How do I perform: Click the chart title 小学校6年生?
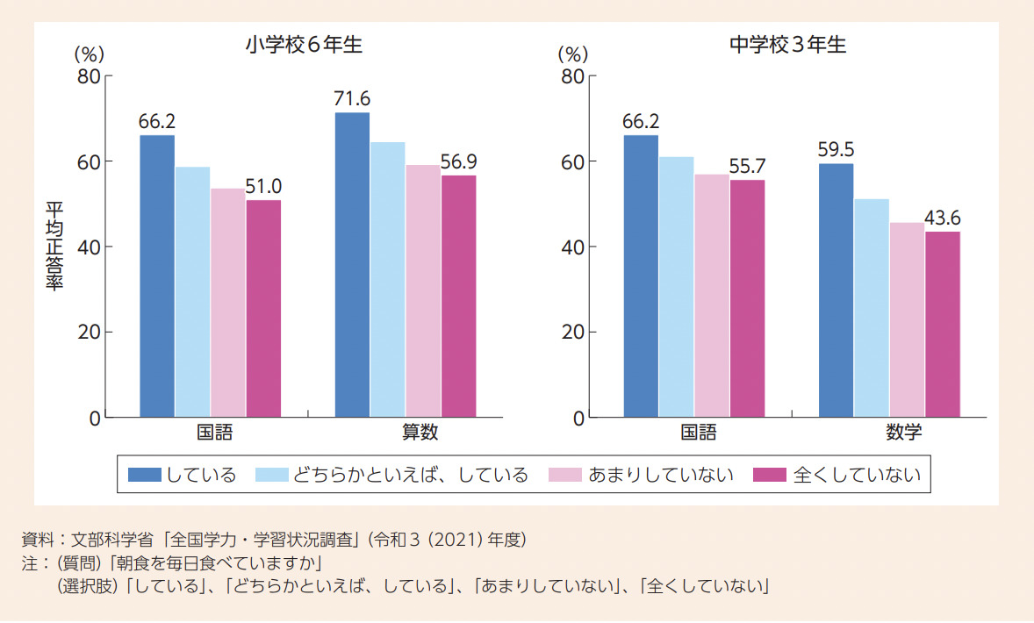(304, 46)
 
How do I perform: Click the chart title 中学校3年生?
(787, 46)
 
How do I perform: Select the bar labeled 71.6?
(352, 264)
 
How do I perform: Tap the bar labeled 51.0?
(263, 308)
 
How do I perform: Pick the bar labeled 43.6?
(943, 324)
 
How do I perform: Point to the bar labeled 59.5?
(836, 290)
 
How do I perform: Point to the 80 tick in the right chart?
(572, 76)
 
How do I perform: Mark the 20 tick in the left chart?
(89, 333)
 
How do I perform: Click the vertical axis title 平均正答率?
(54, 247)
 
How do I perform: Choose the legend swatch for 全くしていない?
(769, 475)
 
